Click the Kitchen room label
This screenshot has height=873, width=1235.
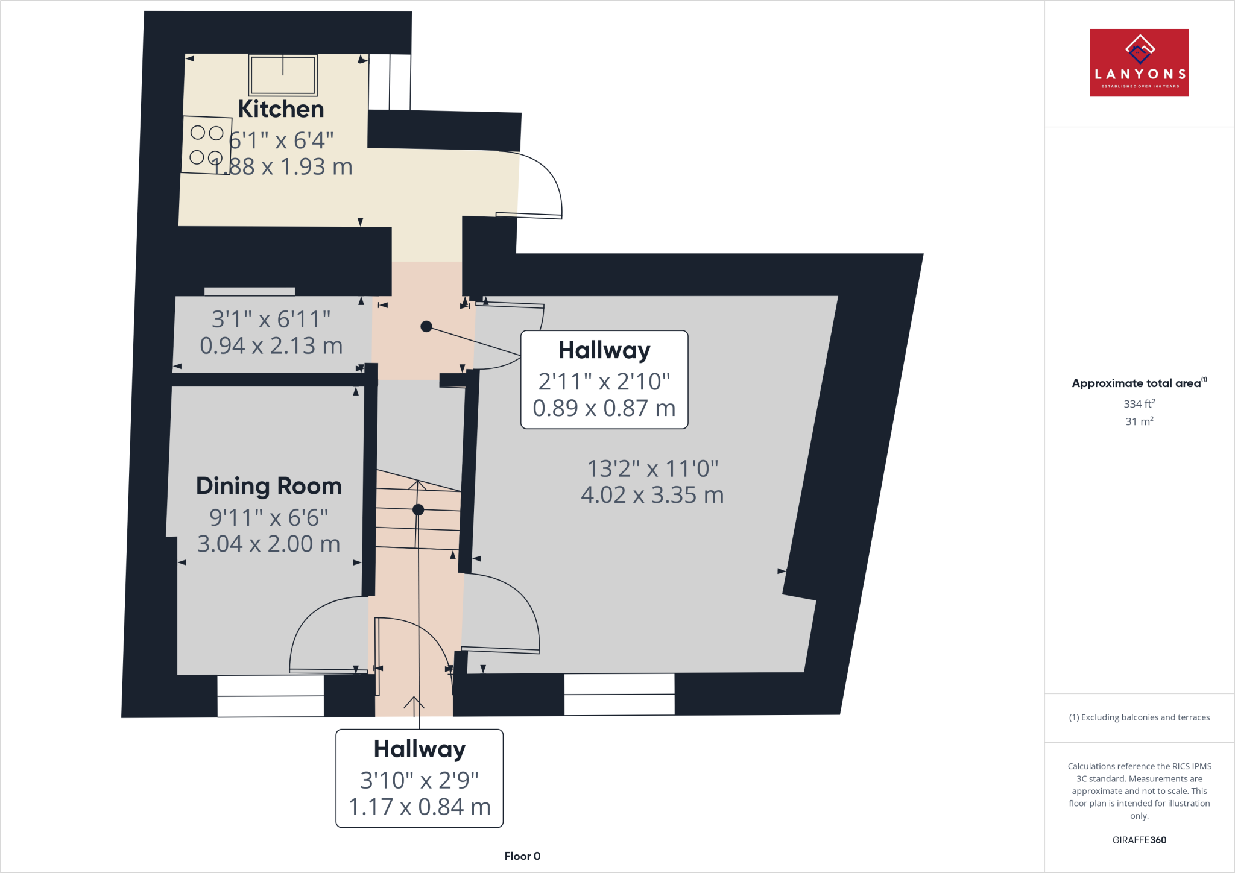pyautogui.click(x=281, y=109)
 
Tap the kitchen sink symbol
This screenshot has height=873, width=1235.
pyautogui.click(x=283, y=75)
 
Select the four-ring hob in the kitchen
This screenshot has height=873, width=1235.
pyautogui.click(x=206, y=145)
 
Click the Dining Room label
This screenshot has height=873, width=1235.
pyautogui.click(x=269, y=486)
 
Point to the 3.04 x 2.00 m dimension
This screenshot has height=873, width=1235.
pyautogui.click(x=269, y=544)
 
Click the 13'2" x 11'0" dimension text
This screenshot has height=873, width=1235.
pyautogui.click(x=652, y=468)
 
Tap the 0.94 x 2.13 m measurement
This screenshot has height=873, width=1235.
pyautogui.click(x=271, y=346)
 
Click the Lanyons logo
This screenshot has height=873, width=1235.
pyautogui.click(x=1139, y=63)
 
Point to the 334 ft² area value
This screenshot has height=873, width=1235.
pyautogui.click(x=1139, y=404)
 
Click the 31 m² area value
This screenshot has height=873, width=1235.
pyautogui.click(x=1139, y=421)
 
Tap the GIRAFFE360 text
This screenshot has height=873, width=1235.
pyautogui.click(x=1139, y=840)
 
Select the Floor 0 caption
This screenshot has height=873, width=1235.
pyautogui.click(x=522, y=856)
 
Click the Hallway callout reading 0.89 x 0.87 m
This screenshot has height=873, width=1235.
pyautogui.click(x=604, y=380)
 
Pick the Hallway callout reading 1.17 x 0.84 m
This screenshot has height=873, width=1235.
pyautogui.click(x=420, y=778)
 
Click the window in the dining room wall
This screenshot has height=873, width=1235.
pyautogui.click(x=270, y=696)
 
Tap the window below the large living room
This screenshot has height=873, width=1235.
pyautogui.click(x=619, y=695)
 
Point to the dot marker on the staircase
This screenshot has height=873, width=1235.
pyautogui.click(x=418, y=510)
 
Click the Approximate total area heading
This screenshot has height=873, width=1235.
pyautogui.click(x=1137, y=383)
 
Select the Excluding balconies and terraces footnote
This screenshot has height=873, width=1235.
pyautogui.click(x=1139, y=717)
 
